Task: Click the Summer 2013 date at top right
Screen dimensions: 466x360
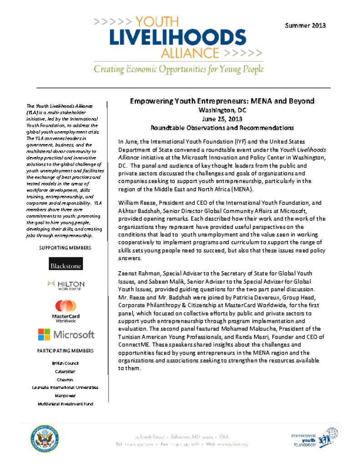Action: click(x=305, y=25)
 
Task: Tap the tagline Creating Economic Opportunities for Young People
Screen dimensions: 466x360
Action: click(x=178, y=70)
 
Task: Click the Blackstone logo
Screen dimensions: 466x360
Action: click(x=66, y=264)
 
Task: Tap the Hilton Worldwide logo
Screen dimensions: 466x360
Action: click(x=66, y=285)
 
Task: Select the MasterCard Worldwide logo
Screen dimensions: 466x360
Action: click(x=66, y=311)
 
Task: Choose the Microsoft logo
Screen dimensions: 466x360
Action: click(x=66, y=335)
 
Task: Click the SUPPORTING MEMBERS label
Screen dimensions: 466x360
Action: click(x=66, y=248)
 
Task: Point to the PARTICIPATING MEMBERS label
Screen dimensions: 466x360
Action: click(x=66, y=351)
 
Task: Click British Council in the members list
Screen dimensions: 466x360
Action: click(x=66, y=363)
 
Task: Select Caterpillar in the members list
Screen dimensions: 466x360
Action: click(x=66, y=371)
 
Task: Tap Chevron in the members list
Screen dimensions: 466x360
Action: click(x=66, y=380)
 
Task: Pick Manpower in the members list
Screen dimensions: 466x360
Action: click(x=66, y=396)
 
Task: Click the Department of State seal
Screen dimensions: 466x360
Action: click(x=43, y=439)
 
